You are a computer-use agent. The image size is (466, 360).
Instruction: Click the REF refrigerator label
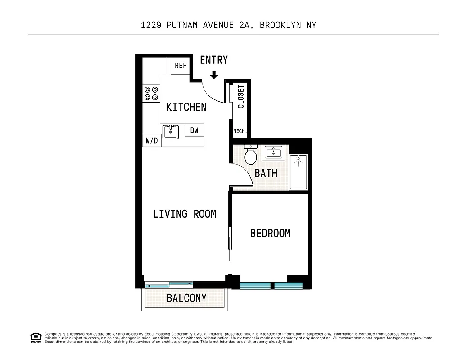181,66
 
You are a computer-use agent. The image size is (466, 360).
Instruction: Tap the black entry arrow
214,74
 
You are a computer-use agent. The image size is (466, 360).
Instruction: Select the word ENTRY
214,60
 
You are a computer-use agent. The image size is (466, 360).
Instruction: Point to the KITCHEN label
186,107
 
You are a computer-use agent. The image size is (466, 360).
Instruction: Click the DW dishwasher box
194,130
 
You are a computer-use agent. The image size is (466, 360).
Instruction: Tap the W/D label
152,141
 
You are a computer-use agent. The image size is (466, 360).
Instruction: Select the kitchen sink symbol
171,132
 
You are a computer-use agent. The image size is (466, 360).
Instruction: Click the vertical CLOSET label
241,97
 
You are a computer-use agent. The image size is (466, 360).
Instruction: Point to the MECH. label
240,131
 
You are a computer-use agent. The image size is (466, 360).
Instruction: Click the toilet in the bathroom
250,155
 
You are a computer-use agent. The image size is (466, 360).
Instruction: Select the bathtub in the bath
298,172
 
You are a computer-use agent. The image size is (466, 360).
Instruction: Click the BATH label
266,173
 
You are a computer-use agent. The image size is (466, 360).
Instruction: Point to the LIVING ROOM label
185,214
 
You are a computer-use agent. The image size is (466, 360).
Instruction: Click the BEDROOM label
270,234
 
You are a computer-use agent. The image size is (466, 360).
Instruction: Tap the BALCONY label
186,298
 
